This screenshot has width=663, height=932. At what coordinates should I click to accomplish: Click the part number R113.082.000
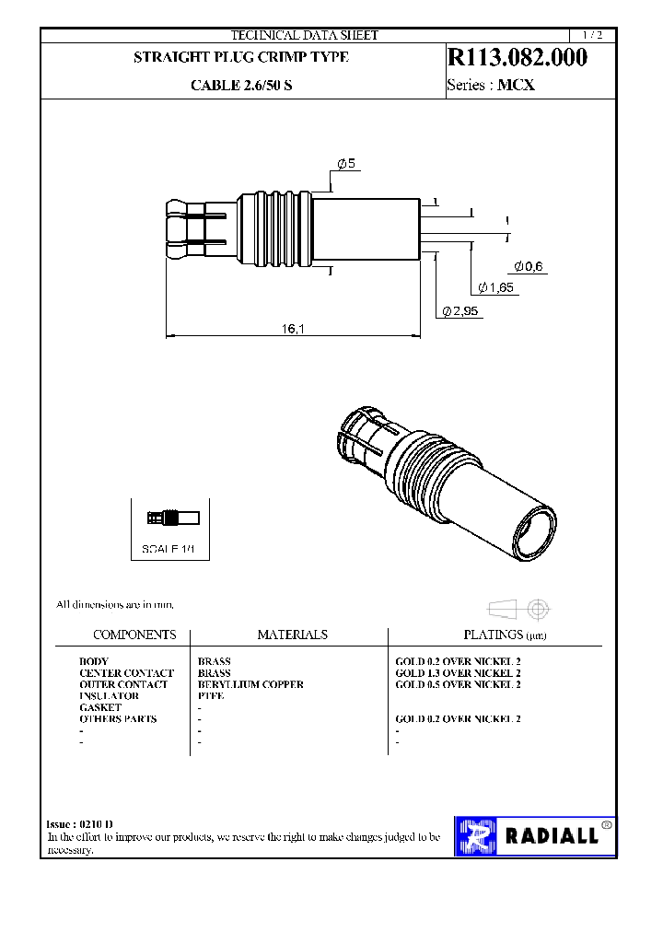[x=517, y=57]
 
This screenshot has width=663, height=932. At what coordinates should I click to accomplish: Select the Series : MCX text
[x=491, y=86]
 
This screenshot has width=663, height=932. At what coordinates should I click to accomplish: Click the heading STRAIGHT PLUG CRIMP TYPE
[x=241, y=57]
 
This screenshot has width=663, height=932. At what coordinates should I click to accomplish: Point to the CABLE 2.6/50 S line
[x=241, y=86]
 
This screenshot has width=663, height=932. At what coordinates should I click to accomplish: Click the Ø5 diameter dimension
[x=346, y=163]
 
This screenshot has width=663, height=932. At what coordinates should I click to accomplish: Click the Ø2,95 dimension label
[x=461, y=311]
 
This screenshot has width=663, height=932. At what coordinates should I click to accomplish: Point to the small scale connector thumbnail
[x=168, y=518]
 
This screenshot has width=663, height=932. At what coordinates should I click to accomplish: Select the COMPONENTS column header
[x=134, y=635]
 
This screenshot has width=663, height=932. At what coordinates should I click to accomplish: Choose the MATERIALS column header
[x=292, y=635]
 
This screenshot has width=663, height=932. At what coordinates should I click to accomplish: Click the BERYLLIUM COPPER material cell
[x=250, y=684]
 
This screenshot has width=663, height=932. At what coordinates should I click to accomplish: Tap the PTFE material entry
[x=211, y=696]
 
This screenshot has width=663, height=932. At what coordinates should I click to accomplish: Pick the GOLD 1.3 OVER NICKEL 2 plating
[x=458, y=673]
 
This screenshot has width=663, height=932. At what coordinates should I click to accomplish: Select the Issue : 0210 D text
[x=80, y=823]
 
